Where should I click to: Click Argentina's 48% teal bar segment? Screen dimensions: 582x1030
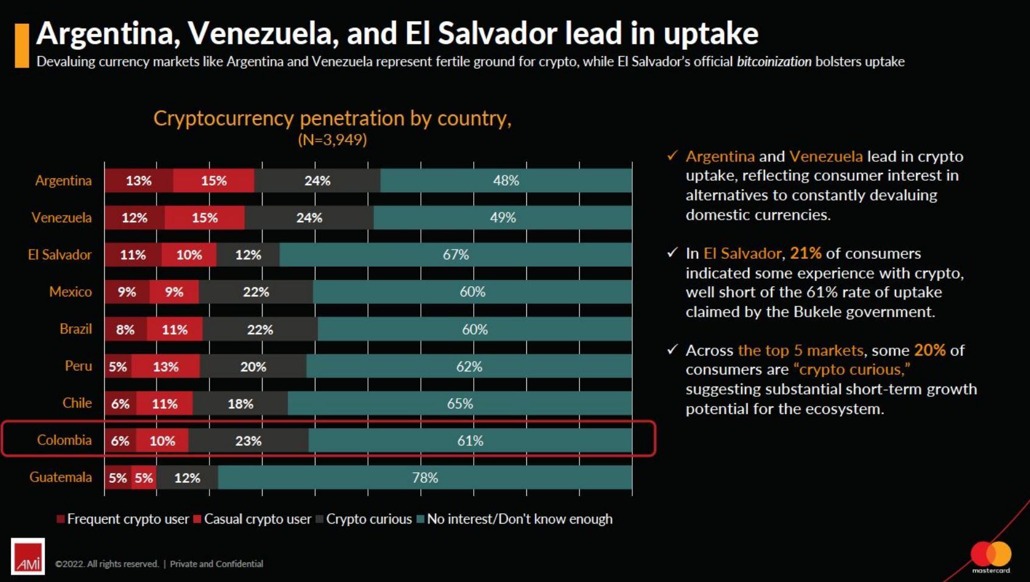506,181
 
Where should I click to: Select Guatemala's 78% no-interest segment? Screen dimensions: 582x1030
425,478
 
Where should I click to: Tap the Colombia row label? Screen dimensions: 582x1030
64,440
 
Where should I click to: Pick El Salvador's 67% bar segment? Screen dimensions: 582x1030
456,255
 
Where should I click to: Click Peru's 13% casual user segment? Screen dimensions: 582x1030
166,366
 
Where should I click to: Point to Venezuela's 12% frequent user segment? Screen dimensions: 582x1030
135,218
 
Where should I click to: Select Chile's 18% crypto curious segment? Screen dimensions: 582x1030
241,404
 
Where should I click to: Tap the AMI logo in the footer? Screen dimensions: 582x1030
28,556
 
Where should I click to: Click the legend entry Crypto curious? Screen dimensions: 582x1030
369,519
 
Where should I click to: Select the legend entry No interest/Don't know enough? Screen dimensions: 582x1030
519,519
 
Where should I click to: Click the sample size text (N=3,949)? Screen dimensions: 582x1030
332,140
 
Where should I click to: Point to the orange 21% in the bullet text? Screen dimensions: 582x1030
805,253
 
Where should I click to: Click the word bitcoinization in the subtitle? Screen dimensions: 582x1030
774,61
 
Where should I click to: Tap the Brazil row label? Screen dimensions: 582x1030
76,329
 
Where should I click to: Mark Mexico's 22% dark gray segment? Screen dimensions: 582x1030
256,292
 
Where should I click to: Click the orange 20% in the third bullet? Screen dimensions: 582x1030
929,350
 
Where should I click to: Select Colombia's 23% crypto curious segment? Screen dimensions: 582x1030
249,441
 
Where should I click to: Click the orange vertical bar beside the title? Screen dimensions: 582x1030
22,45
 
